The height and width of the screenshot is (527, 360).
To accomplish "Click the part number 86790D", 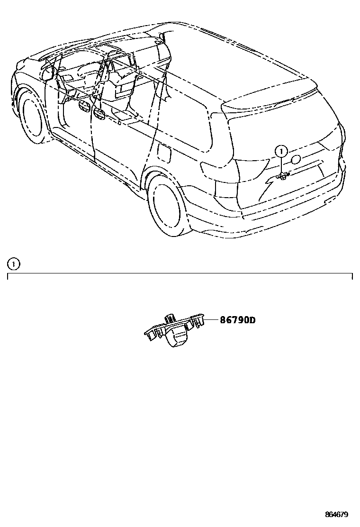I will [237, 320].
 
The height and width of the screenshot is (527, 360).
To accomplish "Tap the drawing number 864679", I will [336, 515].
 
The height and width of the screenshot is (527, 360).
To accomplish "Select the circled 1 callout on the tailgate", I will [282, 152].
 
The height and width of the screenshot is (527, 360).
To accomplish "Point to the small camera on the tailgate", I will [282, 176].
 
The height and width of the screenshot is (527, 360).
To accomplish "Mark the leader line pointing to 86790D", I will [212, 321].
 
